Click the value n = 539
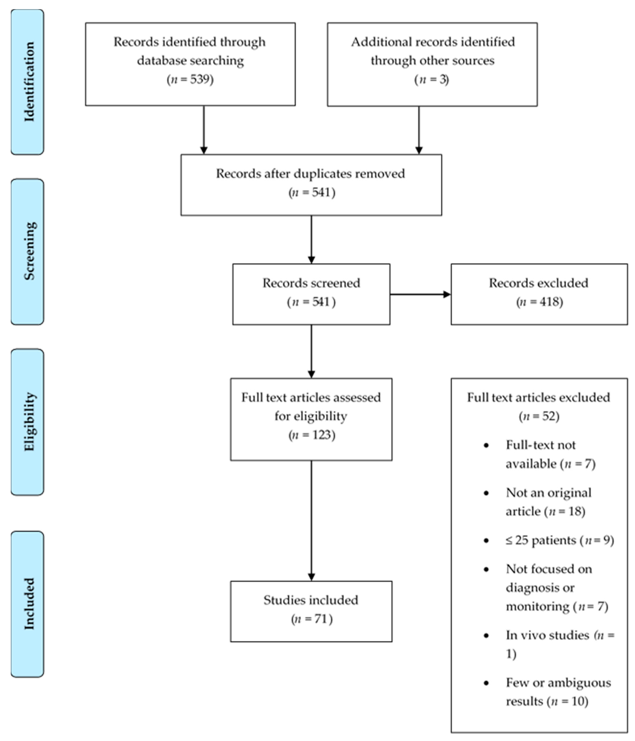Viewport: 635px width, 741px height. [190, 79]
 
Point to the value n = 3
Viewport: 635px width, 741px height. [432, 79]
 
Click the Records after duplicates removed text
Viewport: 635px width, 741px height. [310, 173]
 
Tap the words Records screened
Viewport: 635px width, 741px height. [311, 283]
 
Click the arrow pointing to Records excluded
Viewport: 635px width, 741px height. [420, 294]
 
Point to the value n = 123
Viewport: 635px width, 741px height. [312, 435]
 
